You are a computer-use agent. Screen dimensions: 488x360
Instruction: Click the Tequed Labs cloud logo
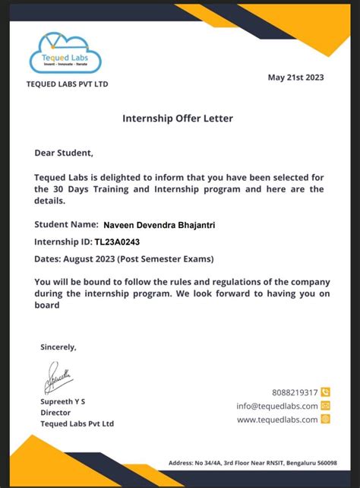click(x=66, y=52)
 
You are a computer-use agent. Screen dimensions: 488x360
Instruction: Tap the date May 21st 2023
click(x=297, y=77)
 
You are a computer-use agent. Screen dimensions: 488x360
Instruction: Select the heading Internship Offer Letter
click(x=178, y=119)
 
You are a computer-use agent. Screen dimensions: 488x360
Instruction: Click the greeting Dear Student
click(x=64, y=153)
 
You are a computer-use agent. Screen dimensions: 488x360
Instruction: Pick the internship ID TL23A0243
click(x=117, y=242)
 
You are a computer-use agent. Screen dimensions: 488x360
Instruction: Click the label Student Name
click(x=66, y=225)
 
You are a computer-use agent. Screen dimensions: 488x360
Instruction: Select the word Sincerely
click(x=58, y=347)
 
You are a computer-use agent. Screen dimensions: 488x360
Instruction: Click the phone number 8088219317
click(x=294, y=392)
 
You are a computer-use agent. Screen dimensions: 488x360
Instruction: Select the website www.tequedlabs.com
click(x=276, y=420)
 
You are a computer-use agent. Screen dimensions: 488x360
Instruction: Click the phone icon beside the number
click(x=326, y=392)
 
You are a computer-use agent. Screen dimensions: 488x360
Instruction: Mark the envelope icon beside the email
click(x=326, y=406)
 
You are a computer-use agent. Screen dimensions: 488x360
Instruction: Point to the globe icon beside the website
click(x=326, y=419)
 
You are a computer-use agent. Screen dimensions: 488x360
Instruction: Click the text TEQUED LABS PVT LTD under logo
click(x=68, y=84)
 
